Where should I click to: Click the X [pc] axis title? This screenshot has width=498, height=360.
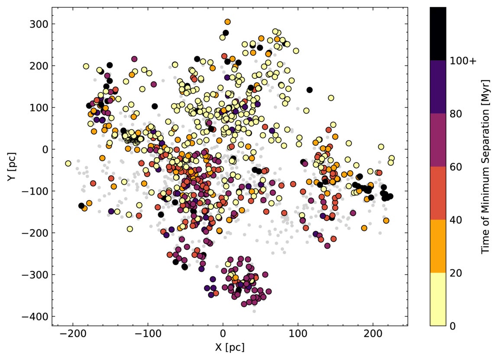click(x=223, y=347)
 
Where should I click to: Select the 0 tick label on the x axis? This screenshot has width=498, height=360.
click(x=223, y=335)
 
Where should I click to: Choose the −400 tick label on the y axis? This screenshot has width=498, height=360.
click(x=35, y=317)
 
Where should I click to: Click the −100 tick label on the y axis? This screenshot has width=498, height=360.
click(x=35, y=191)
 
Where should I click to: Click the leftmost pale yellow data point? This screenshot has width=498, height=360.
click(x=68, y=163)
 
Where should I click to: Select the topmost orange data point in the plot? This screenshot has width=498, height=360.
click(x=227, y=22)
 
